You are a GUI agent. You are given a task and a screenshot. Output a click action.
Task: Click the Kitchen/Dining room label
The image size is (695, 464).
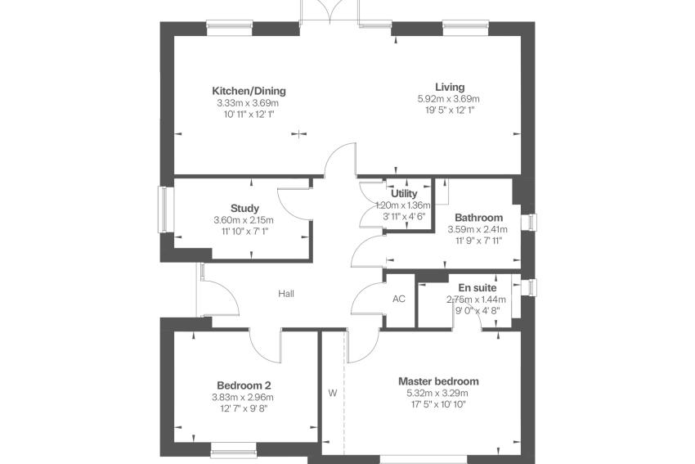click(x=249, y=91)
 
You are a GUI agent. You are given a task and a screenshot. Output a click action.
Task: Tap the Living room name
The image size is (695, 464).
click(x=450, y=87)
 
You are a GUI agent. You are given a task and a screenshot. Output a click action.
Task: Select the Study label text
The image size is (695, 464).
click(x=244, y=208)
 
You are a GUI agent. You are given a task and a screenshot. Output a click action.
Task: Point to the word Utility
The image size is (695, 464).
click(x=404, y=193)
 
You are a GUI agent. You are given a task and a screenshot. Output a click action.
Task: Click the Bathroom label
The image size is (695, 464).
click(x=478, y=218)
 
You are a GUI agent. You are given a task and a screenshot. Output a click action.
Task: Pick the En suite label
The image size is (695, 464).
click(x=478, y=288)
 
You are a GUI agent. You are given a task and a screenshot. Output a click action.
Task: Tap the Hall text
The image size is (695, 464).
click(x=286, y=293)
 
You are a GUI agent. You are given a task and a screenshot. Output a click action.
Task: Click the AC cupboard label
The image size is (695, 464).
click(x=399, y=299)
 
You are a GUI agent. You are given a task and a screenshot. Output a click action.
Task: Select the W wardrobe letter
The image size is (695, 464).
click(x=333, y=393)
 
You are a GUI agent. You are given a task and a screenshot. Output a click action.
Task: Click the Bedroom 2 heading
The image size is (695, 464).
click(x=244, y=385)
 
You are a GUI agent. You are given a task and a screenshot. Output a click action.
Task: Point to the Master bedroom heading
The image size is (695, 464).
click(x=438, y=381)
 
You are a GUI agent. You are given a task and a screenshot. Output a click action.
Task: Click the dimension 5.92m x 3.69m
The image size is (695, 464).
click(x=449, y=99)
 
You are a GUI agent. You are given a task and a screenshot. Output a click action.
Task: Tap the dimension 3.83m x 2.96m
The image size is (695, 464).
click(x=243, y=398)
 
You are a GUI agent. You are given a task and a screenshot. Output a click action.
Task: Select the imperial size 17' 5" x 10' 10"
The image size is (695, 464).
click(x=438, y=404)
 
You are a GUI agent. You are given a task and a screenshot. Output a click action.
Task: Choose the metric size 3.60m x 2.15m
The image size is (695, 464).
click(x=244, y=220)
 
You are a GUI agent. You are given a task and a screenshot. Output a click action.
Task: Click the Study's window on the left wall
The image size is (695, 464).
click(x=164, y=209)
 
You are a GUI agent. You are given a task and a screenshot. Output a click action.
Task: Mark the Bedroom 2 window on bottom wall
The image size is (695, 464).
click(x=234, y=450)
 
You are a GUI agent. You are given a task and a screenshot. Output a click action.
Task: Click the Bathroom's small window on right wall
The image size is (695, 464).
click(x=531, y=223)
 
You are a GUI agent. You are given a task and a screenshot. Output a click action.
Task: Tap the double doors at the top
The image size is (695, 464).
click(x=330, y=11)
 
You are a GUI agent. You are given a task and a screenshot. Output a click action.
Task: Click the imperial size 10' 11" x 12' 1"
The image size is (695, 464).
click(x=249, y=115)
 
